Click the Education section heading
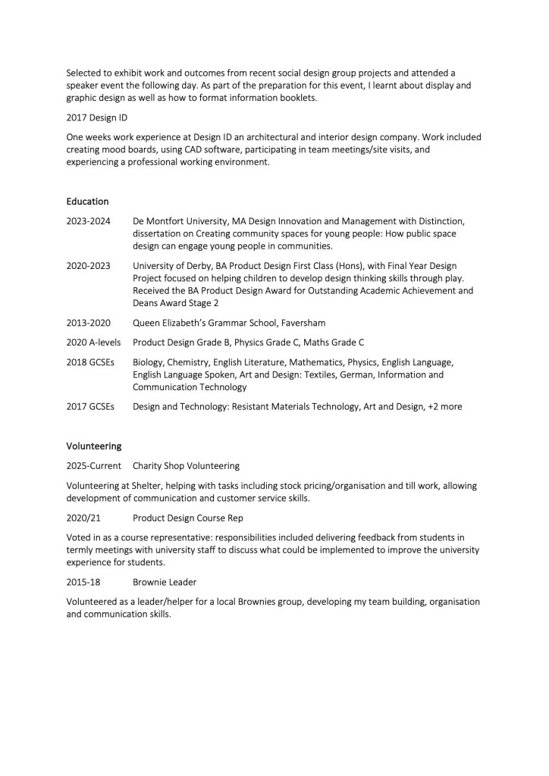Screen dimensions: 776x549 pyautogui.click(x=87, y=202)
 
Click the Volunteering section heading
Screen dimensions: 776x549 pyautogui.click(x=93, y=446)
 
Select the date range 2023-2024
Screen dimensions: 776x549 pyautogui.click(x=89, y=221)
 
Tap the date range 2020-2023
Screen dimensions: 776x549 pyautogui.click(x=89, y=266)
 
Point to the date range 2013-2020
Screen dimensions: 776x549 pyautogui.click(x=89, y=322)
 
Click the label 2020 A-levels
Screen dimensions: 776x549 pyautogui.click(x=94, y=342)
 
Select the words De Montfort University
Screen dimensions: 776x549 pyautogui.click(x=182, y=221)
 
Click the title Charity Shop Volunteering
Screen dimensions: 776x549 pyautogui.click(x=186, y=465)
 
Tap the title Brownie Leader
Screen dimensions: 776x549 pyautogui.click(x=165, y=581)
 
